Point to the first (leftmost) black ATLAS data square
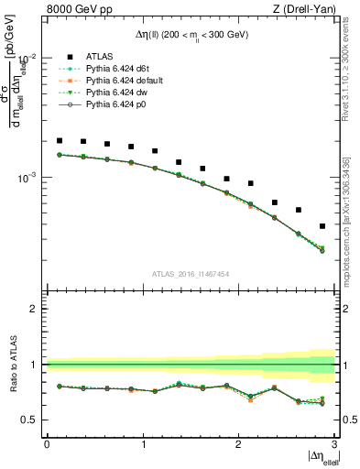60,141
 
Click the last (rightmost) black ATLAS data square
322,226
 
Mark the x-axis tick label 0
48,444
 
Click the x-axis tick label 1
144,444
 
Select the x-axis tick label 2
239,444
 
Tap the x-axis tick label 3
334,444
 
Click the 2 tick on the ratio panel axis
38,309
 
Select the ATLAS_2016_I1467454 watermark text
191,273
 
